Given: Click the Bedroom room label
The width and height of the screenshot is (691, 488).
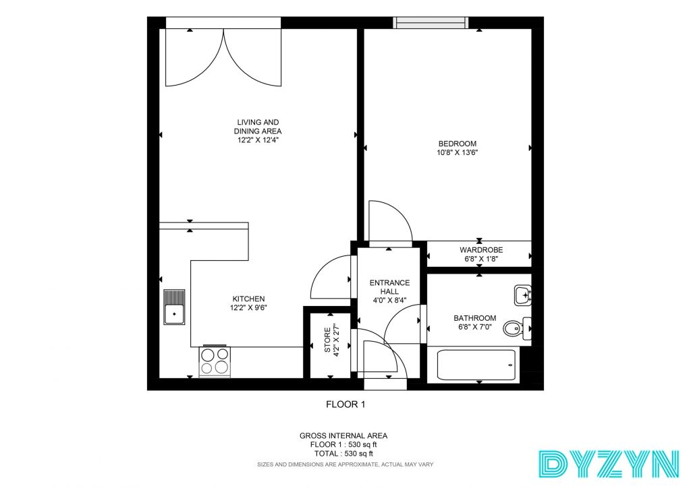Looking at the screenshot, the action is (457, 144).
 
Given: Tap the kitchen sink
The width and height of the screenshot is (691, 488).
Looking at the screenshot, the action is (174, 307).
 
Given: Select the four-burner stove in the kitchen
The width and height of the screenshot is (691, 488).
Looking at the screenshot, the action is (215, 362).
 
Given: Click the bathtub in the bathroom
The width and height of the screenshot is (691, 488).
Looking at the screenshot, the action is (476, 365).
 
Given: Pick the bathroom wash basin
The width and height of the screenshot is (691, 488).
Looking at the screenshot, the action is (523, 295).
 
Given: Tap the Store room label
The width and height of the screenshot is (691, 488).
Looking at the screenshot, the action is (327, 340).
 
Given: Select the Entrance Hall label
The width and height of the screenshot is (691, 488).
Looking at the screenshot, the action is (389, 287).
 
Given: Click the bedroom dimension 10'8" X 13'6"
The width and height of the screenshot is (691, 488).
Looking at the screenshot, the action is (458, 153).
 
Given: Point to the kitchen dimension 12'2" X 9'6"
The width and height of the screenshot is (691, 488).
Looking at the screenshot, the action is (248, 308).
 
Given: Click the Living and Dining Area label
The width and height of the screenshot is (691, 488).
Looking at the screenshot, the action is (258, 127).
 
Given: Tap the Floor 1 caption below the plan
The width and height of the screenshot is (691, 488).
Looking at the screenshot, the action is (345, 404).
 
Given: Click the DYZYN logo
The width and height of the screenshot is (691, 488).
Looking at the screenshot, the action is (609, 464).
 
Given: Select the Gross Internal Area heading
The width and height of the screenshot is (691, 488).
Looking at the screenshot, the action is (343, 435).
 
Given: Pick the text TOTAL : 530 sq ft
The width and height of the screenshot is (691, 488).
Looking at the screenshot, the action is (343, 454).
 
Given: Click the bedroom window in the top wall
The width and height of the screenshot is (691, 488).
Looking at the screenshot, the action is (431, 22).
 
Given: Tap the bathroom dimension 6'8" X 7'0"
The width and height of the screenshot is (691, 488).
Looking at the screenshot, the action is (475, 327).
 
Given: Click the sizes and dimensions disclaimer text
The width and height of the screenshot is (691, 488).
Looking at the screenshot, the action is (345, 464).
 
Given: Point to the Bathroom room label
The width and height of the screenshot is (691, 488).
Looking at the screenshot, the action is (475, 317).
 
